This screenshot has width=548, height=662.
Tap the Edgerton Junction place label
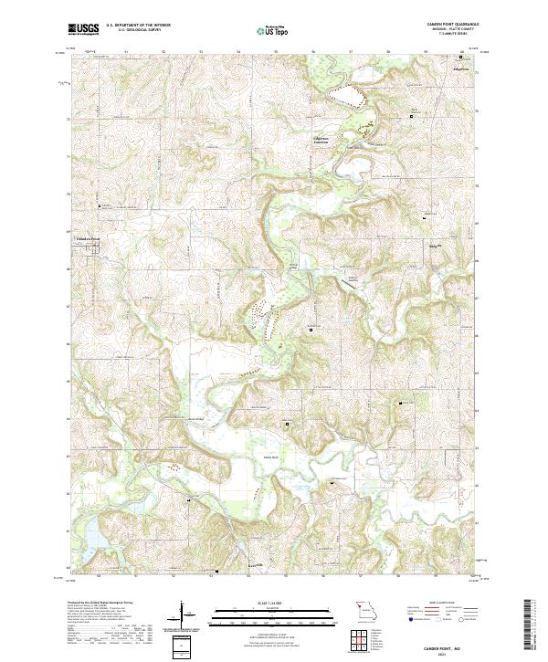click(326, 140)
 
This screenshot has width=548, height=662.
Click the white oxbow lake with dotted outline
click(348, 96)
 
